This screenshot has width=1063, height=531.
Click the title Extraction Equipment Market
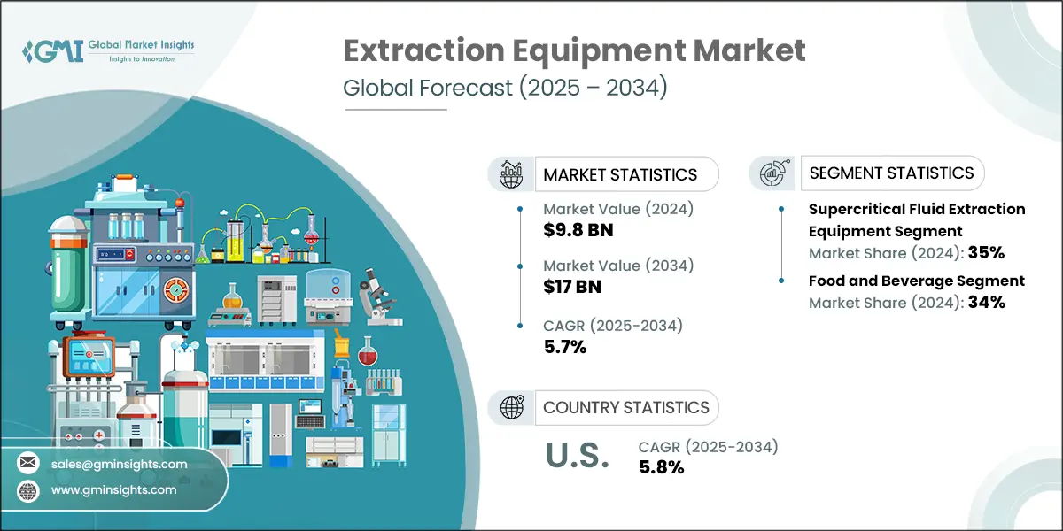click(x=574, y=51)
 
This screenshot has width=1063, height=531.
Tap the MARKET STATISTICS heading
click(x=620, y=174)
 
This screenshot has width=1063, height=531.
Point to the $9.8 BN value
click(x=578, y=230)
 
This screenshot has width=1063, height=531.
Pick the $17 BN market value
click(x=573, y=287)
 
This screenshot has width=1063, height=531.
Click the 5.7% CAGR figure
click(x=565, y=346)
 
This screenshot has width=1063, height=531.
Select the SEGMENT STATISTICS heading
click(x=891, y=173)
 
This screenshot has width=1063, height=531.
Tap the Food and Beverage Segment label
click(x=916, y=281)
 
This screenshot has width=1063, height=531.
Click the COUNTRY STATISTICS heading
click(x=626, y=407)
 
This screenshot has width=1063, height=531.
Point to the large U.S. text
click(x=576, y=456)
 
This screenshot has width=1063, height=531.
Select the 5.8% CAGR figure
click(x=661, y=467)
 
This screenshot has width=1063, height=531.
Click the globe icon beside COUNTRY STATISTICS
click(x=511, y=407)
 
